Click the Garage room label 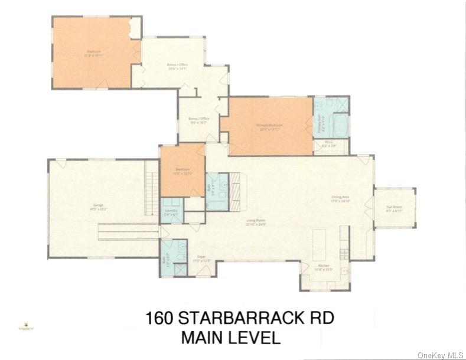(94, 207)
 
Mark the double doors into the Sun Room (371, 208)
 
